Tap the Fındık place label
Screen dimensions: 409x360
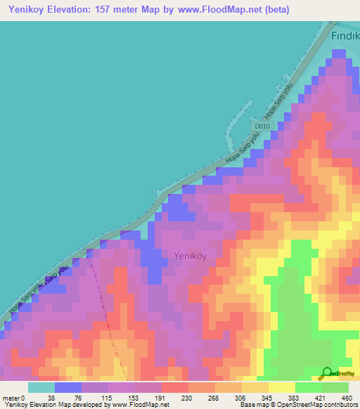345,36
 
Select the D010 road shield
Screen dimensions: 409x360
262,126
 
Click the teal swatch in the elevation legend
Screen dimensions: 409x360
41,387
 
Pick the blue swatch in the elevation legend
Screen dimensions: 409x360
68,387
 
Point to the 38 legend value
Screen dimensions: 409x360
42,398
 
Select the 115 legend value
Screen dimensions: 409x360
96,398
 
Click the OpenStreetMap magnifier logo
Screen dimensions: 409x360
327,372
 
